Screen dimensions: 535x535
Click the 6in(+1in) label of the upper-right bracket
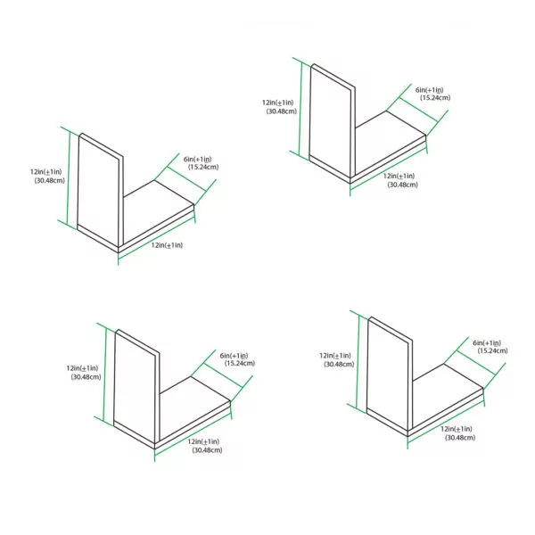tap(429, 90)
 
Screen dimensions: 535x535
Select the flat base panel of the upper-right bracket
tap(389, 147)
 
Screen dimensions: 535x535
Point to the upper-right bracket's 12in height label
tap(277, 103)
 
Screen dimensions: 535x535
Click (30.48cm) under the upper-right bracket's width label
tap(403, 185)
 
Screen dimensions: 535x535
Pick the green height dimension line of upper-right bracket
tap(300, 109)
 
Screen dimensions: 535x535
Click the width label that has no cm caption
tap(167, 245)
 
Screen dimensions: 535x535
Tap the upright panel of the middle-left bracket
tap(99, 191)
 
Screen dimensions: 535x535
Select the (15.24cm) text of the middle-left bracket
tap(203, 168)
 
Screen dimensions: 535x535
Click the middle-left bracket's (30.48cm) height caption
tap(49, 180)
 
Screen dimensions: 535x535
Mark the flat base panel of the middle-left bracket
tap(157, 216)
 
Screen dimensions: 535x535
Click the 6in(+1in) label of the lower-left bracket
tap(234, 356)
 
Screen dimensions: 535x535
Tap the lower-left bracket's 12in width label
tap(203, 441)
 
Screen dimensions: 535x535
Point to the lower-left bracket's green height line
tap(104, 374)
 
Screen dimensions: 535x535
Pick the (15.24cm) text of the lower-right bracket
tap(493, 350)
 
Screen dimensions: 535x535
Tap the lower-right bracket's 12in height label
tap(335, 356)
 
